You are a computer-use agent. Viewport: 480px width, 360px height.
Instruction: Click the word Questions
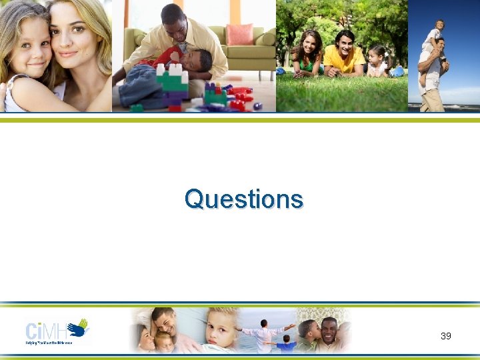tap(243, 199)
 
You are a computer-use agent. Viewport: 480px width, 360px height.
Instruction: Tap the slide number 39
tap(445, 336)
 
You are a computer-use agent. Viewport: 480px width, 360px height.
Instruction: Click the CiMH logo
tap(57, 330)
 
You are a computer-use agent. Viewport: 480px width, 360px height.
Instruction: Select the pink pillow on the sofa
tap(239, 34)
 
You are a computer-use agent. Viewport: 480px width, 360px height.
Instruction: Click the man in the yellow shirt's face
tap(344, 44)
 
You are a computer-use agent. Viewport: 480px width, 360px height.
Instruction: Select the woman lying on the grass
tap(308, 53)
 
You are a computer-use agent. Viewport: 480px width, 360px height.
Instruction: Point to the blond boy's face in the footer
tap(219, 326)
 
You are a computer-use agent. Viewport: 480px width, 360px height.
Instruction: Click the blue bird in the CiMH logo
tap(79, 327)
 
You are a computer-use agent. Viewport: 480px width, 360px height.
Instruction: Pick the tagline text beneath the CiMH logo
tap(49, 342)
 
